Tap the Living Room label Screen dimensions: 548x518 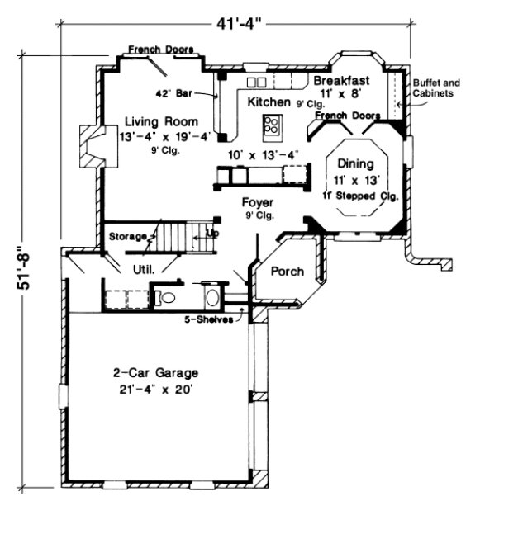tap(149, 121)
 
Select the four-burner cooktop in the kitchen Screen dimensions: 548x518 tap(270, 125)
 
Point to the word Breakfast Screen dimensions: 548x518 tap(340, 81)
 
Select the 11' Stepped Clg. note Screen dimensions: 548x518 tap(362, 196)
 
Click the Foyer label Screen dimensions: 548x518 tap(257, 202)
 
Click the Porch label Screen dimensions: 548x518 tap(288, 271)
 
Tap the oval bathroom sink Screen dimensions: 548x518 tap(211, 297)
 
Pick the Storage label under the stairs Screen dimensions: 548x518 tap(127, 236)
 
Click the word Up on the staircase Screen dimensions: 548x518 tap(211, 234)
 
